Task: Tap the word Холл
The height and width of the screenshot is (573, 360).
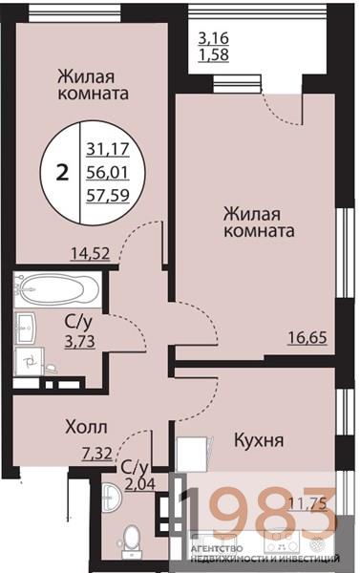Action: (85, 428)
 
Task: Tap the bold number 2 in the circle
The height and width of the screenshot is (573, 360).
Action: (63, 172)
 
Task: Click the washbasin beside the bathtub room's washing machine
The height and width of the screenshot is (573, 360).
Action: (32, 321)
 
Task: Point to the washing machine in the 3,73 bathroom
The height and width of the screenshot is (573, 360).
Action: (31, 359)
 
